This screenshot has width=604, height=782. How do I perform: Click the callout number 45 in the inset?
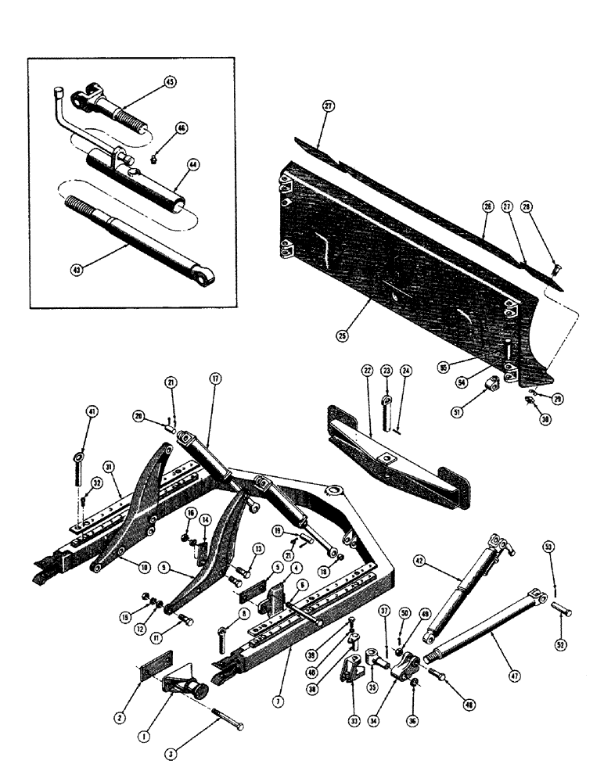tap(171, 82)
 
